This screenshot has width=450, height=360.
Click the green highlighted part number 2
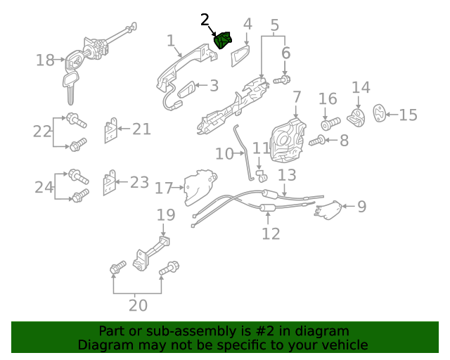[223, 41]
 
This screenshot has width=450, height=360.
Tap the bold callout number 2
[205, 20]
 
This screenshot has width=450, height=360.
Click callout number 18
[45, 60]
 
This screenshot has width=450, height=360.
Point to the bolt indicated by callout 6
[282, 79]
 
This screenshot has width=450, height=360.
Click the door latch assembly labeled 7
[288, 140]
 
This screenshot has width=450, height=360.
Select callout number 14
[361, 87]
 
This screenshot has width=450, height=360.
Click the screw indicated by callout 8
[317, 141]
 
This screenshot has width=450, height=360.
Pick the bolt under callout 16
[330, 124]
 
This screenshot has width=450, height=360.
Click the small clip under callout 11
[261, 176]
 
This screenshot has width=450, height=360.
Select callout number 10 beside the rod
[224, 154]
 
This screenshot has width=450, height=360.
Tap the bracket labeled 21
[111, 130]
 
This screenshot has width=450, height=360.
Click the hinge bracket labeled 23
[110, 183]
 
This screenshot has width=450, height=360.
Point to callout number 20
[138, 305]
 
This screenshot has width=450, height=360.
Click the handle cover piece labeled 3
[186, 89]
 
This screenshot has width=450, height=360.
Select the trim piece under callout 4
[240, 56]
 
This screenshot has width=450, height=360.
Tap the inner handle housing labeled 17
[200, 187]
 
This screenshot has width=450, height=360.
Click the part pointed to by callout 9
[329, 210]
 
